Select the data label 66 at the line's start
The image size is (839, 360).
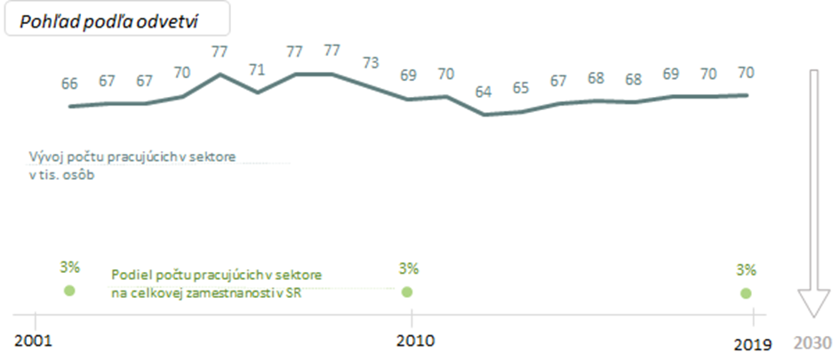point(69,84)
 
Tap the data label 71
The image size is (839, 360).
point(258,69)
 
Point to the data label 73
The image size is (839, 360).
point(371,63)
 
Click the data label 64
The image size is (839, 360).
point(483,92)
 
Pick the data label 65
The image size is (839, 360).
point(521,89)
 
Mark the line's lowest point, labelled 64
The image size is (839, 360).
point(483,115)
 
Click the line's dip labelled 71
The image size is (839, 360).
point(258,92)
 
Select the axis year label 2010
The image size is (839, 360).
point(412,340)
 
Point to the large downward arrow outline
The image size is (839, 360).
point(812,196)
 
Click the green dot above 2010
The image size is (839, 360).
point(408,292)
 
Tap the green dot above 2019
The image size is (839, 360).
point(746,293)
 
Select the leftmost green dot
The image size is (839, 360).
point(69,291)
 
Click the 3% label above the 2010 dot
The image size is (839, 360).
point(408,268)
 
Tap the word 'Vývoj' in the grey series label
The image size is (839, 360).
point(44,157)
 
